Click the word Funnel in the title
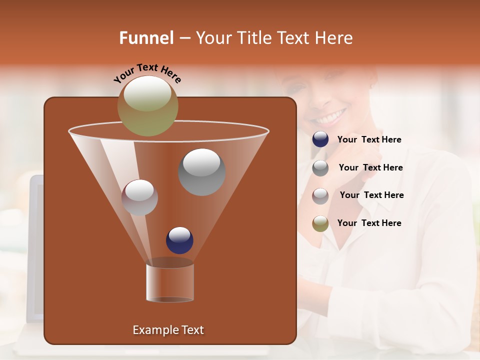[x=146, y=38]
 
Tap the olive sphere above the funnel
[x=147, y=105]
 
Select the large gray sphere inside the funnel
[x=201, y=172]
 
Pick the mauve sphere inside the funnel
[x=139, y=197]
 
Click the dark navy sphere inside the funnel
[x=179, y=240]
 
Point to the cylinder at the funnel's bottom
[x=170, y=282]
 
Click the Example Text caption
[x=168, y=330]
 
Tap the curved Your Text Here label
[x=147, y=73]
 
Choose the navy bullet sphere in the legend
[x=320, y=139]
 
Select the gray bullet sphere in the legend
[x=320, y=168]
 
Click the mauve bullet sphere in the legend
[x=320, y=195]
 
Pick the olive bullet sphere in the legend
[x=320, y=223]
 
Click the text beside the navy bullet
[x=369, y=139]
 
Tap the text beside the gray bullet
[x=370, y=167]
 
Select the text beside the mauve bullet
[x=371, y=195]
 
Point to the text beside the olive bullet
[x=369, y=223]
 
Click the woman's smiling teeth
[x=330, y=118]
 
